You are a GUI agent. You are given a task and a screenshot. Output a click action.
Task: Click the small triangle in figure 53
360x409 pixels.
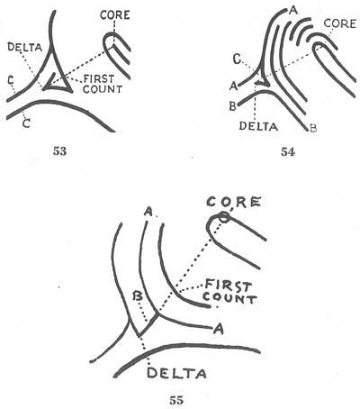tap(61, 82)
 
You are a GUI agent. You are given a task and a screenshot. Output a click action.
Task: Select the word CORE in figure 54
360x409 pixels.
tap(338, 23)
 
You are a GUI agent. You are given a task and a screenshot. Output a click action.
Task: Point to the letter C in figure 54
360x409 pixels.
tap(235, 59)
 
